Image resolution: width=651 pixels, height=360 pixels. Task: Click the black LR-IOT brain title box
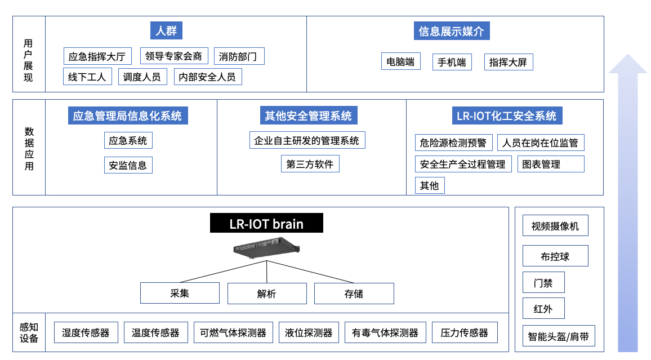pos(266,224)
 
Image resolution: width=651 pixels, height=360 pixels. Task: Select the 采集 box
pos(180,294)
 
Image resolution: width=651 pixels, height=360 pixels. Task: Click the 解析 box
pos(267,294)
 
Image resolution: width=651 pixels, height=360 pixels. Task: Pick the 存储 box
pos(354,294)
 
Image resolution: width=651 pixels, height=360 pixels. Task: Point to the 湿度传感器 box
pos(86,332)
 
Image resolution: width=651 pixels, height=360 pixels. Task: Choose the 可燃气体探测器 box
pos(233,332)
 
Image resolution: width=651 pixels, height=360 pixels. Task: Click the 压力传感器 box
pos(465,332)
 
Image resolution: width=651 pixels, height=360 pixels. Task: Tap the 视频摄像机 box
pos(555,226)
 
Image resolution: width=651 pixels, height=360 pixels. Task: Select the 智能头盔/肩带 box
pos(558,337)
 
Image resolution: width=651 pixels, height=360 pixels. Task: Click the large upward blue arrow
pos(627,203)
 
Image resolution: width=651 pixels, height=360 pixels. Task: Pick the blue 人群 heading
pos(166,31)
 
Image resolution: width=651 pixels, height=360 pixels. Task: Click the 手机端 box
pos(452,62)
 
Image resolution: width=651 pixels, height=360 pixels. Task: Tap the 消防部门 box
pos(239,56)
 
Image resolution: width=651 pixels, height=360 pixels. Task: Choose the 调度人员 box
pos(142,77)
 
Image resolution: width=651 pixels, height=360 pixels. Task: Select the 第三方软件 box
pos(310,164)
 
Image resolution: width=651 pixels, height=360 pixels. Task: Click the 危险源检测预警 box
pos(453,143)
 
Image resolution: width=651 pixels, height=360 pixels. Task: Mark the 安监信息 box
pos(128,165)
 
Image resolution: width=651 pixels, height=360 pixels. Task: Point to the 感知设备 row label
pos(29,332)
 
